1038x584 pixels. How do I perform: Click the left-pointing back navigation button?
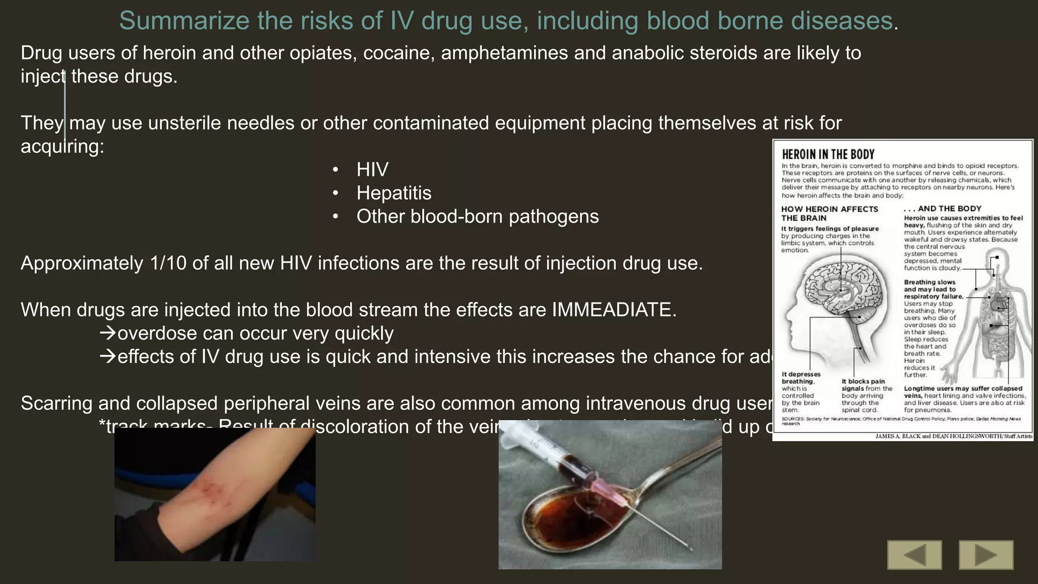point(914,555)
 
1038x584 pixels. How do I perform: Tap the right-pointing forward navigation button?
point(986,555)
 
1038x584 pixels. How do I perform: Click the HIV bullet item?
point(372,170)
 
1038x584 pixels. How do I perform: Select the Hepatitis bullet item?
point(394,193)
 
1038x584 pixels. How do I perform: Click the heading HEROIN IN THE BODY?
point(828,155)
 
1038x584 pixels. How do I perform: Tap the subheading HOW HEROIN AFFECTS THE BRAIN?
point(829,213)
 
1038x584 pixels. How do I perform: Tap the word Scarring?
point(56,404)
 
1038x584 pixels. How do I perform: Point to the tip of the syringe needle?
point(691,549)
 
